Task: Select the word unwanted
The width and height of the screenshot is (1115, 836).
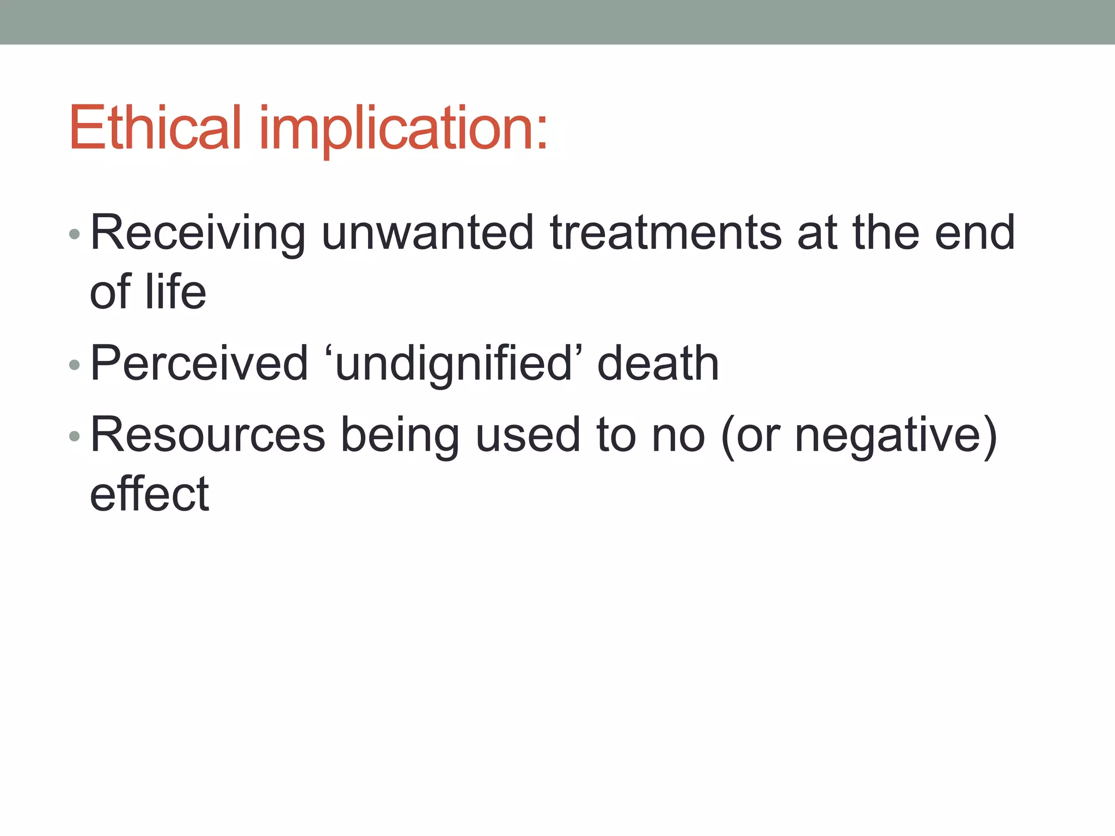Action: (x=427, y=233)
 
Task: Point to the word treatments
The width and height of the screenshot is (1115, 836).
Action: (x=665, y=233)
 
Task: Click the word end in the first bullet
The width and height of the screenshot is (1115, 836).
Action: (x=975, y=233)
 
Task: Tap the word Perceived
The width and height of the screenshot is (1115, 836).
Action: (x=199, y=364)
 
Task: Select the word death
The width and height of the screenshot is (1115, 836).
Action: (x=658, y=364)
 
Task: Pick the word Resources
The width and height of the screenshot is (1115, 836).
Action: (x=207, y=435)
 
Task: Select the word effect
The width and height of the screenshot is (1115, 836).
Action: (x=149, y=494)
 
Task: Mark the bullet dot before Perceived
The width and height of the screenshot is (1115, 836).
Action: (x=75, y=365)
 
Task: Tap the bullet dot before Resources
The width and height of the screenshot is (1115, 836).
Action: (x=75, y=437)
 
